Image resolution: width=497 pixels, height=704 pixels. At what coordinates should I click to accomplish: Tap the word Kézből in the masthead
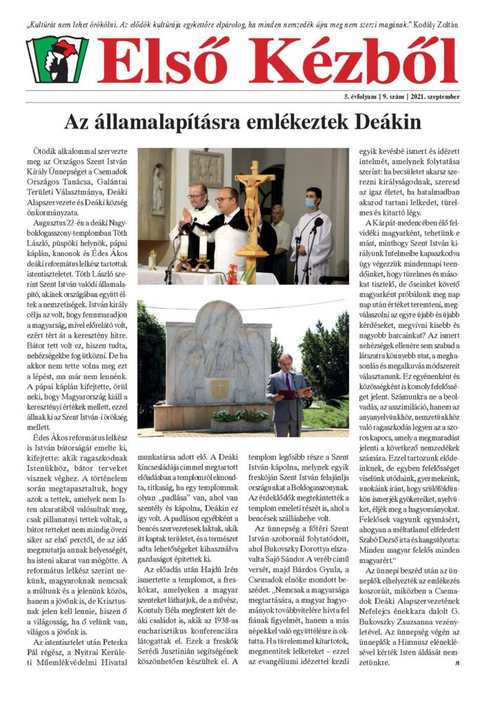[x=354, y=60]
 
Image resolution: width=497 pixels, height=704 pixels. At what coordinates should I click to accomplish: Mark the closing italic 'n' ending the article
[x=456, y=663]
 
